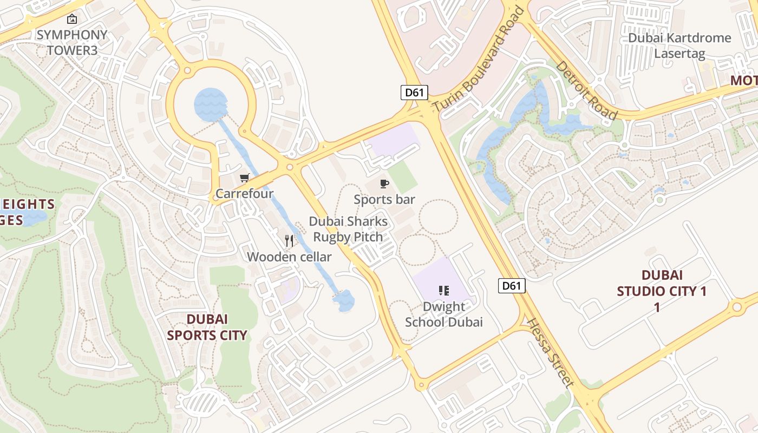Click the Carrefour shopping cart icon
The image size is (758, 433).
pyautogui.click(x=245, y=178)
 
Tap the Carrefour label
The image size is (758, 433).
pyautogui.click(x=245, y=193)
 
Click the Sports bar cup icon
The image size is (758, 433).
pyautogui.click(x=384, y=183)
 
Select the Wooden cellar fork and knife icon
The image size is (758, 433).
pyautogui.click(x=289, y=241)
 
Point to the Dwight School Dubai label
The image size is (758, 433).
pyautogui.click(x=444, y=314)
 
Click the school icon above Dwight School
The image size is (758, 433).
pyautogui.click(x=444, y=291)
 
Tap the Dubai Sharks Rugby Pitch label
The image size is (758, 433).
pyautogui.click(x=348, y=229)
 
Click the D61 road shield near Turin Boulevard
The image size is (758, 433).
pyautogui.click(x=414, y=92)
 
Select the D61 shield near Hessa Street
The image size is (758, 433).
pyautogui.click(x=512, y=285)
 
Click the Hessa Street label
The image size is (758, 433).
pyautogui.click(x=550, y=353)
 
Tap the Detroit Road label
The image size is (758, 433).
pyautogui.click(x=587, y=90)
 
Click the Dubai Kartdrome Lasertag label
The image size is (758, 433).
pyautogui.click(x=679, y=45)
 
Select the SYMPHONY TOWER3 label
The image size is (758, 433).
pyautogui.click(x=72, y=42)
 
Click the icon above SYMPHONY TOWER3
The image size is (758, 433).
pyautogui.click(x=72, y=19)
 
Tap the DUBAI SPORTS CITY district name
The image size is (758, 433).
pyautogui.click(x=207, y=327)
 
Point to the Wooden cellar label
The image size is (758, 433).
pyautogui.click(x=289, y=257)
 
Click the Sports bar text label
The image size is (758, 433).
pyautogui.click(x=384, y=199)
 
